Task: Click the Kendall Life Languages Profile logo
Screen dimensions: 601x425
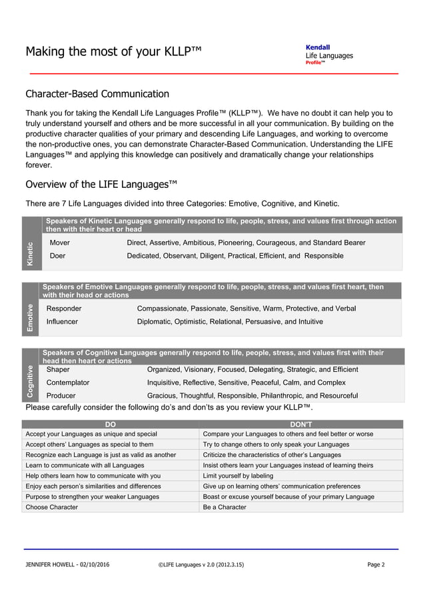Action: (329, 55)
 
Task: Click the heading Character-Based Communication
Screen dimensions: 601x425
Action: (97, 94)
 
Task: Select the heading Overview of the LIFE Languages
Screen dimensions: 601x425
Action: (102, 184)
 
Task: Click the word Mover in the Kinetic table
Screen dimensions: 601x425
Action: (60, 243)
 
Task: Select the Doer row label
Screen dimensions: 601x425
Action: (58, 256)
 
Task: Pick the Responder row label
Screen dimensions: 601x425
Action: (64, 308)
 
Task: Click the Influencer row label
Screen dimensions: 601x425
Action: (62, 322)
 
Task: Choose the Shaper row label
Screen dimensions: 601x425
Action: (58, 369)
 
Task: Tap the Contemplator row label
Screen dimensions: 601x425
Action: (68, 382)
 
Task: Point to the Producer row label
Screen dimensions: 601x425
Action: (61, 396)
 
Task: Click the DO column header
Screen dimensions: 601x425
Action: (111, 424)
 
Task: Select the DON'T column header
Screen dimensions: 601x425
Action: (302, 424)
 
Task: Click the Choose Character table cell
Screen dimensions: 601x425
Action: (52, 507)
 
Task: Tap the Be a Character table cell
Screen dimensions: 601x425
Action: (224, 507)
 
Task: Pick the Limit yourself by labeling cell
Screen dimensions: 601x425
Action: (238, 476)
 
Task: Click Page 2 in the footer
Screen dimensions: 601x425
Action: (376, 565)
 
